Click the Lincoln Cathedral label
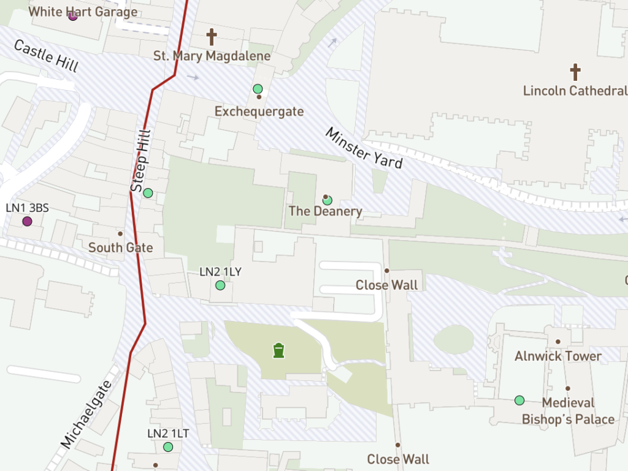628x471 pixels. [575, 91]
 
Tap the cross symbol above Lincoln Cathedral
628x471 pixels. [575, 72]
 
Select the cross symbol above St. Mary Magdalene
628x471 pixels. [212, 37]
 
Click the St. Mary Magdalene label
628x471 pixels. [212, 56]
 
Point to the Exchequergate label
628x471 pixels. [259, 111]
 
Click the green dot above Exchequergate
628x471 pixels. [258, 89]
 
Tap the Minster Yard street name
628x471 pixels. [364, 148]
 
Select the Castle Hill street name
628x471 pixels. [46, 56]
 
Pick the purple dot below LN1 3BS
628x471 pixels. [27, 221]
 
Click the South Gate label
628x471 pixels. [121, 247]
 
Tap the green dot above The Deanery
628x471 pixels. [327, 200]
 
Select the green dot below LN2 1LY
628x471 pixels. [220, 285]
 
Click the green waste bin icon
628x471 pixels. [279, 350]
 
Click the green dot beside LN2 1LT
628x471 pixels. [168, 447]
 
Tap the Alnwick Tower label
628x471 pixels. [558, 356]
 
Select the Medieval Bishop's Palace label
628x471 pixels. [568, 411]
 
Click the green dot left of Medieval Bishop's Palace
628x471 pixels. [519, 401]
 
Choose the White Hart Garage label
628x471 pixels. [83, 12]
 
